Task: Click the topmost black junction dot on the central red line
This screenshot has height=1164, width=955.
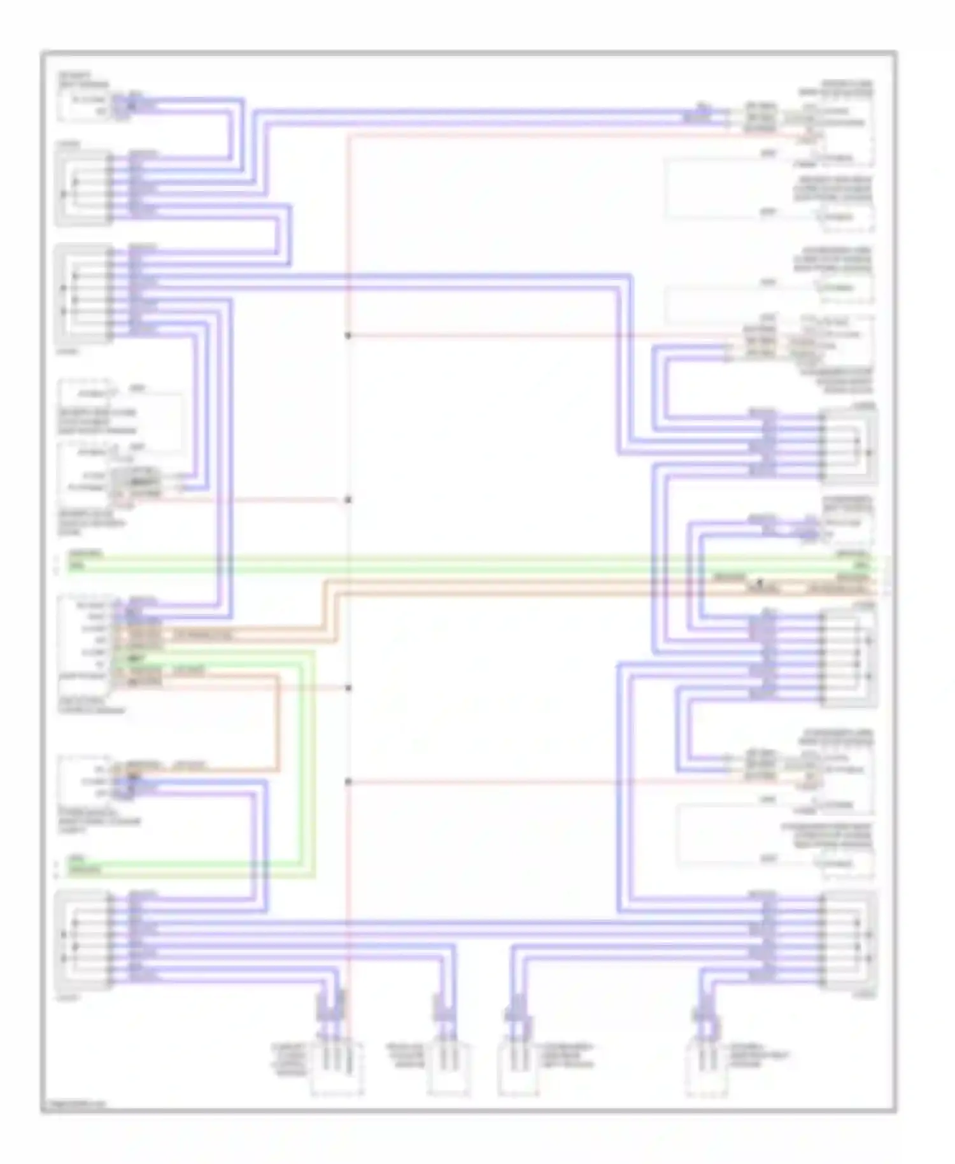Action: pyautogui.click(x=348, y=336)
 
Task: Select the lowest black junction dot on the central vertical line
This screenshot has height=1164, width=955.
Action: pyautogui.click(x=348, y=782)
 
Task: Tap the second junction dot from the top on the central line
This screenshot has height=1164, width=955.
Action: pyautogui.click(x=348, y=500)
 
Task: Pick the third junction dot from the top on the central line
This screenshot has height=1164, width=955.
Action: pyautogui.click(x=348, y=688)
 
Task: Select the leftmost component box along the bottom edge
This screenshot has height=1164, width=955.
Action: pyautogui.click(x=337, y=1069)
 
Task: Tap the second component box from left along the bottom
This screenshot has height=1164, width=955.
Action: pyautogui.click(x=449, y=1069)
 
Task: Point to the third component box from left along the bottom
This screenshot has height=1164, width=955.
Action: pyautogui.click(x=518, y=1069)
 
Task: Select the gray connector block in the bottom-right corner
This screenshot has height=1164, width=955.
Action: pyautogui.click(x=849, y=941)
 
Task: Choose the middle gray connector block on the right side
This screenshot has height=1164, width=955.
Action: pyautogui.click(x=849, y=658)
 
